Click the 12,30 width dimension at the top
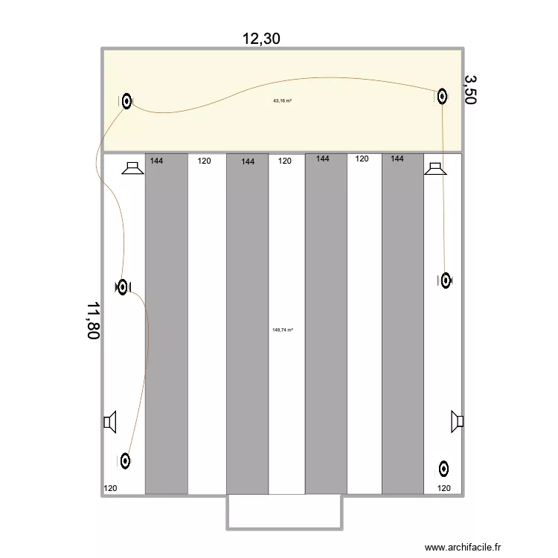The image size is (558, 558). (261, 39)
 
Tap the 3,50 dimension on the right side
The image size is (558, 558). (470, 89)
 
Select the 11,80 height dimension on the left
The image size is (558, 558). (93, 321)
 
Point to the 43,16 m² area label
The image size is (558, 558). (283, 100)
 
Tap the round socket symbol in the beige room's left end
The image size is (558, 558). (127, 101)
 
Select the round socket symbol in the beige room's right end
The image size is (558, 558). (442, 96)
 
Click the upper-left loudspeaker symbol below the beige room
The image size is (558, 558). (133, 169)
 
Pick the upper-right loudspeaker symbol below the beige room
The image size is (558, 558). (434, 169)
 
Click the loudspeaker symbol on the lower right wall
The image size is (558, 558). (458, 423)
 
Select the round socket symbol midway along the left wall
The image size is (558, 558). (122, 286)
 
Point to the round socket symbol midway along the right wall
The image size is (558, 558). (446, 280)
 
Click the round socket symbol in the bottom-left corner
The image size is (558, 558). (125, 461)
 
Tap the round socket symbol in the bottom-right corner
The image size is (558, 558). (443, 469)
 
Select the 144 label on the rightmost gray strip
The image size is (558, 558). (397, 158)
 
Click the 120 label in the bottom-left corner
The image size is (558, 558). (110, 489)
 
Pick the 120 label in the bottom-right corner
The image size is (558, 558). (443, 489)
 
